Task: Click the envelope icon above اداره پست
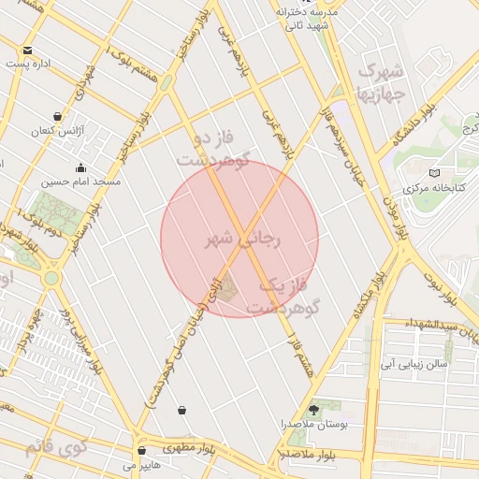(28, 51)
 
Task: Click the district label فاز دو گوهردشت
(212, 149)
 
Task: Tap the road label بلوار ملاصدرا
(308, 455)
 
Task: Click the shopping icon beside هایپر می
(140, 451)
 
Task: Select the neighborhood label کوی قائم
(55, 445)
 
